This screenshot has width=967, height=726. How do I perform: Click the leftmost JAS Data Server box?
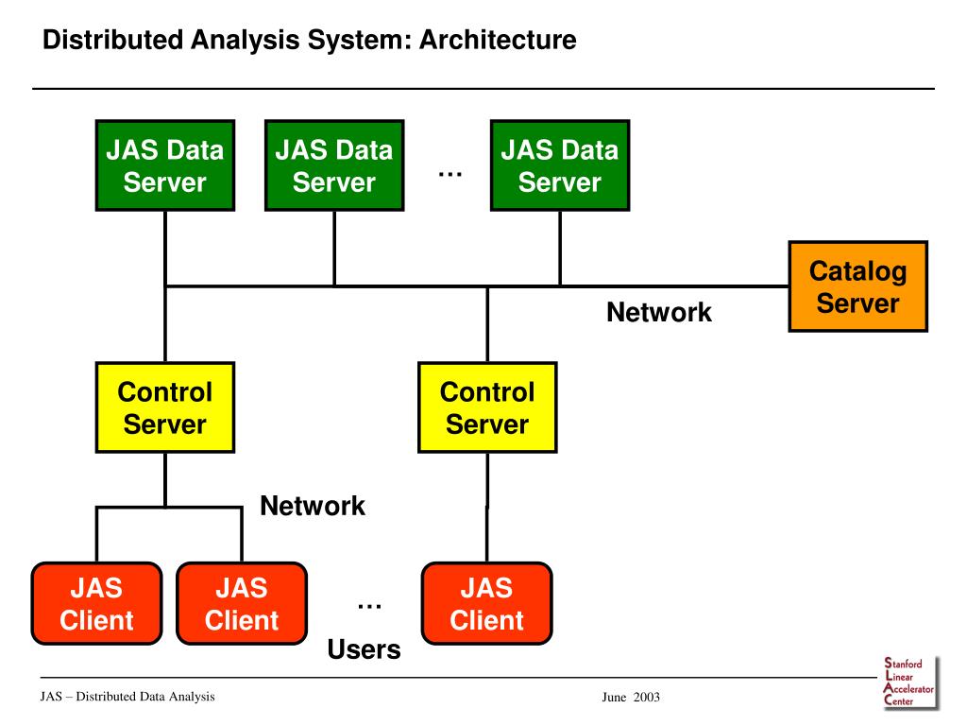(x=165, y=165)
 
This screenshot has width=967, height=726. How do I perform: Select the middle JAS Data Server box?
(x=334, y=165)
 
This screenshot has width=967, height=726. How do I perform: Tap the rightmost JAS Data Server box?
(x=560, y=165)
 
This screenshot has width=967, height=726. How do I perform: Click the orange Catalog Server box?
(x=857, y=286)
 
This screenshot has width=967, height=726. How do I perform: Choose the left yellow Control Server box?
(x=165, y=407)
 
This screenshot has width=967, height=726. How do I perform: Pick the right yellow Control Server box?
(x=487, y=407)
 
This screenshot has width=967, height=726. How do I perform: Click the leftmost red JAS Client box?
(x=97, y=603)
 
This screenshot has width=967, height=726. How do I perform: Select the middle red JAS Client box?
(x=242, y=603)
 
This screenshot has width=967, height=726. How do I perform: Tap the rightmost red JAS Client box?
(x=486, y=603)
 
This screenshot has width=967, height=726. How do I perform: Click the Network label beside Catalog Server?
(x=658, y=312)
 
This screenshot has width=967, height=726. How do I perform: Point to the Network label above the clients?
(x=312, y=506)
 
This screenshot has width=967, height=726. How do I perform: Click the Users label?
(x=364, y=649)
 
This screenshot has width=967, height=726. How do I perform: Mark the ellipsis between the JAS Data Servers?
(x=450, y=175)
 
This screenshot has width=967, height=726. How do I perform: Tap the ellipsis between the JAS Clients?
(x=369, y=606)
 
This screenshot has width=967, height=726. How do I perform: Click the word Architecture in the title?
(x=498, y=40)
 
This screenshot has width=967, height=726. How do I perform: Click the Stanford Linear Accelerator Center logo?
(x=910, y=683)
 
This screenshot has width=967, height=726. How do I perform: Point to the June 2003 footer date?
(x=631, y=697)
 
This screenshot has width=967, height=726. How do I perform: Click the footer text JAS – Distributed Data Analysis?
(x=127, y=697)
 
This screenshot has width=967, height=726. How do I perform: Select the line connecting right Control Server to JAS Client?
(x=487, y=508)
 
